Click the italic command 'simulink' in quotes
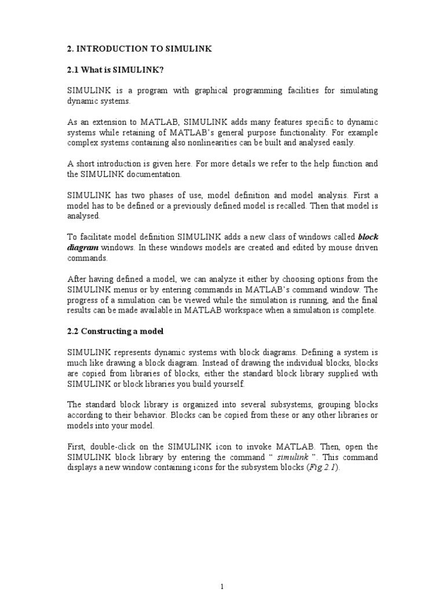point(293,458)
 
